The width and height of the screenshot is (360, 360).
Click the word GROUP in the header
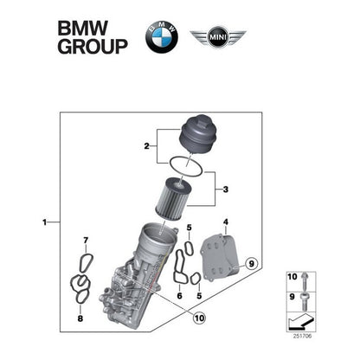pyautogui.click(x=92, y=45)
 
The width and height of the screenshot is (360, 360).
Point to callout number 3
pyautogui.click(x=225, y=188)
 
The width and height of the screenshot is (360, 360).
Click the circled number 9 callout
pyautogui.click(x=252, y=262)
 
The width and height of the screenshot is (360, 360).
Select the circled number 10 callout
pyautogui.click(x=200, y=318)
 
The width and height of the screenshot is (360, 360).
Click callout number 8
pyautogui.click(x=81, y=318)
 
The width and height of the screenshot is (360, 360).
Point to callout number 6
pyautogui.click(x=178, y=296)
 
